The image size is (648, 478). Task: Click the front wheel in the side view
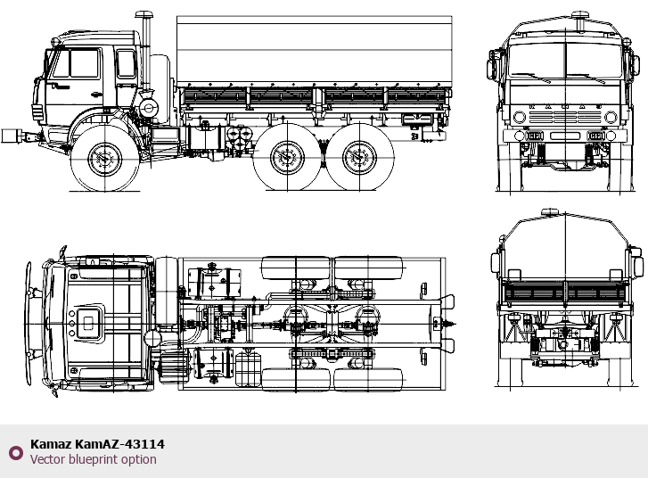pyautogui.click(x=104, y=158)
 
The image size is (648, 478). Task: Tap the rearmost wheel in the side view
pyautogui.click(x=359, y=157)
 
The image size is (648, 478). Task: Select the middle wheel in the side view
pyautogui.click(x=287, y=157)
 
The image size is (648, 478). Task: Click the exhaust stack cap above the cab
pyautogui.click(x=144, y=15)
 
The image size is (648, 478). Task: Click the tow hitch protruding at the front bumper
pyautogui.click(x=19, y=136)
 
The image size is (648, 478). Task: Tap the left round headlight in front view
pyautogui.click(x=520, y=117)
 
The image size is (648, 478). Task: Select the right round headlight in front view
pyautogui.click(x=611, y=117)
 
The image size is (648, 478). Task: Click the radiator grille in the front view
pyautogui.click(x=565, y=117)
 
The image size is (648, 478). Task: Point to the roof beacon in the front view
pyautogui.click(x=580, y=16)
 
